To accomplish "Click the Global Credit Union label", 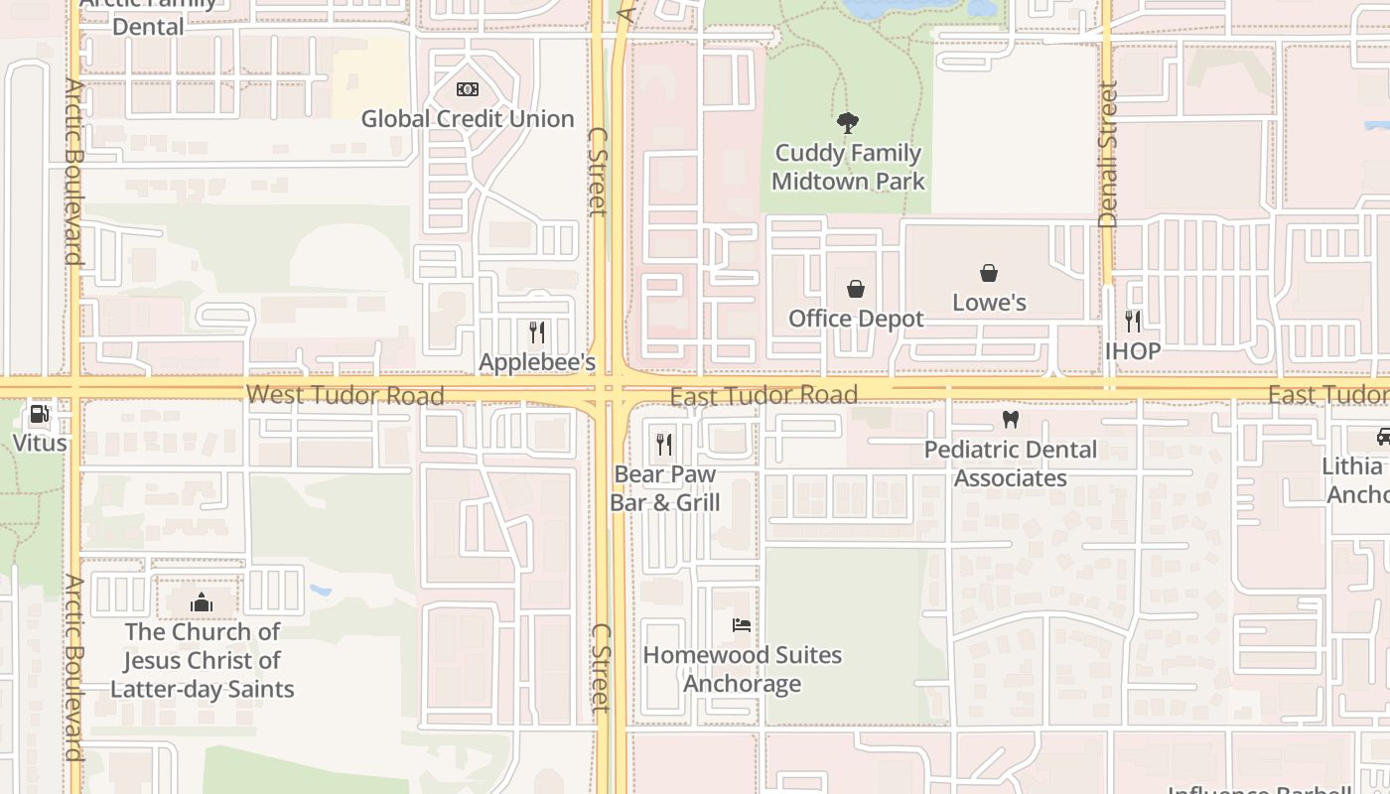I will tap(468, 119).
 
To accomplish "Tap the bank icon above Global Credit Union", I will tap(468, 89).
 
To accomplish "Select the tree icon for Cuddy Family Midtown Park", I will tap(847, 123).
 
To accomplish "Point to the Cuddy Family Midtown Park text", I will tap(847, 168).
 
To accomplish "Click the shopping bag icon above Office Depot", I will tap(856, 289).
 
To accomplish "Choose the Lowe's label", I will tap(989, 303).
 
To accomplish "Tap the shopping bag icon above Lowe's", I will tap(989, 273).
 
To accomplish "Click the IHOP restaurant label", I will tap(1133, 351).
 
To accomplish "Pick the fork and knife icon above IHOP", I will tap(1133, 322).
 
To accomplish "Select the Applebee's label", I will tap(537, 362).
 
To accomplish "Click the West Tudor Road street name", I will tap(345, 395).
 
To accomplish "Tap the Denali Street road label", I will tap(1109, 154).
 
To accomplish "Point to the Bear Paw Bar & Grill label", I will tap(665, 488).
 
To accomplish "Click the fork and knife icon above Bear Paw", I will tap(664, 445).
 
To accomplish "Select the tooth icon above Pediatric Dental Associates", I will tap(1011, 420).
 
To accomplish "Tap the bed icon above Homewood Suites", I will tap(742, 625).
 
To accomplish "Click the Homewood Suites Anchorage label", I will tap(743, 670).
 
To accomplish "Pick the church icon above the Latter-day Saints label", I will tap(202, 602).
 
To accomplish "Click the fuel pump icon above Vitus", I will tap(40, 414).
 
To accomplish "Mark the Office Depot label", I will tap(856, 319).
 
